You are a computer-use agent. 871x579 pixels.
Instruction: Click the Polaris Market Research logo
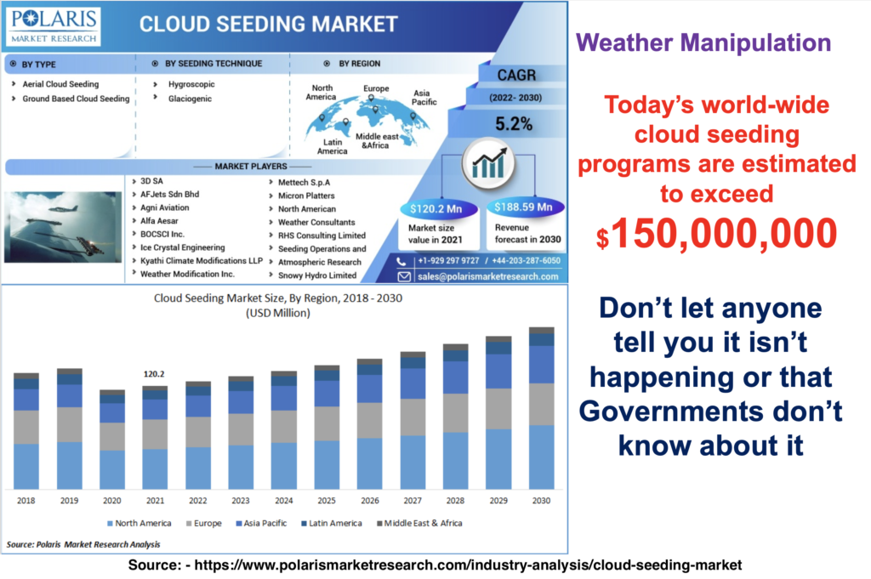click(54, 26)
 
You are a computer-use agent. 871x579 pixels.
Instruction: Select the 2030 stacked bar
click(542, 408)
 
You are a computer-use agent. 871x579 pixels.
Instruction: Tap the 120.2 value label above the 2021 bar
click(154, 374)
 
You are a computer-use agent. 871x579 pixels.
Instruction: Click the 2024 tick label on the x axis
click(284, 501)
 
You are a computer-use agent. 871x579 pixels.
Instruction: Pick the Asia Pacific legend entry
click(261, 523)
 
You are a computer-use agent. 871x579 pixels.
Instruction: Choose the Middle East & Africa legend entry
click(419, 523)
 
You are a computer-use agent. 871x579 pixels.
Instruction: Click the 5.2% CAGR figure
click(514, 124)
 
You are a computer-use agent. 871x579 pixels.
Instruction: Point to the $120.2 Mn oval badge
click(436, 208)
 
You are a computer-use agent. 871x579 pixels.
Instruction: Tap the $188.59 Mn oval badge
click(523, 207)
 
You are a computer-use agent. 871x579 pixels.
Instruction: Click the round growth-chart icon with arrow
click(489, 163)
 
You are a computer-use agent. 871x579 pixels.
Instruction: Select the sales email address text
click(487, 276)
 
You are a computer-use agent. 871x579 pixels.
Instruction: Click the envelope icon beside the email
click(404, 276)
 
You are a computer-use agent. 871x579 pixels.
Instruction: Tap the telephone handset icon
click(401, 261)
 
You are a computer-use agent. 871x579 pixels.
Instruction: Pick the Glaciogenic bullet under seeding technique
click(190, 99)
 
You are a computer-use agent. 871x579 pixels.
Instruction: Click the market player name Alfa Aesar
click(159, 221)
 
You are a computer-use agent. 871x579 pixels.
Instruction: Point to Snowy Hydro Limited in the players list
click(316, 275)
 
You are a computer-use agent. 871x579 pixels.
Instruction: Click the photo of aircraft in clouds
click(63, 227)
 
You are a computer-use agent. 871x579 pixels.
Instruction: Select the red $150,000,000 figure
click(716, 233)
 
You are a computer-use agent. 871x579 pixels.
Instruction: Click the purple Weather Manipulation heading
click(703, 43)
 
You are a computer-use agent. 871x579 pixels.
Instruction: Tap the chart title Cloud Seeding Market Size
click(278, 298)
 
